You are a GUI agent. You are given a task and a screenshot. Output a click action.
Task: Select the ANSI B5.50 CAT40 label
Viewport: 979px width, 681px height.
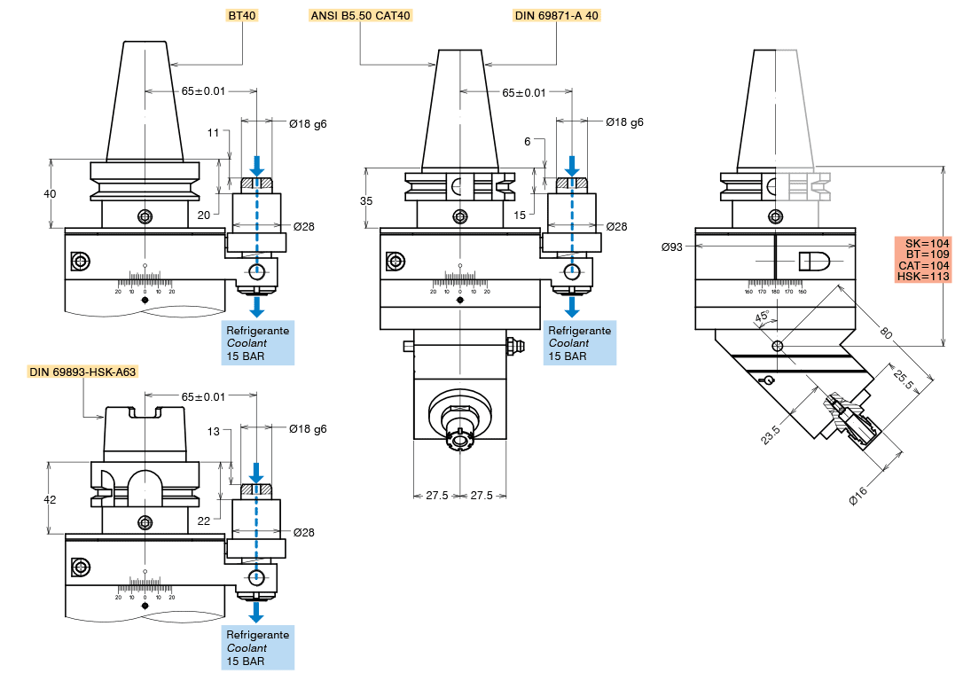361,15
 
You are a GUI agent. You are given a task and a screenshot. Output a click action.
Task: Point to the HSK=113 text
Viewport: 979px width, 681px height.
923,277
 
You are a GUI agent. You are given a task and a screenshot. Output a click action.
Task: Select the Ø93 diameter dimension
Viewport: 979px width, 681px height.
672,247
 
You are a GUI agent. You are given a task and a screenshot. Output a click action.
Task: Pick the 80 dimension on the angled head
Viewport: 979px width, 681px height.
883,334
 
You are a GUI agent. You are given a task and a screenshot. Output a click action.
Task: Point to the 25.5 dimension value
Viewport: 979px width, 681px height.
903,377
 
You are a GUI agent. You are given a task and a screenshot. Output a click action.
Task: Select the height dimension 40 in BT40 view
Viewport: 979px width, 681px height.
50,193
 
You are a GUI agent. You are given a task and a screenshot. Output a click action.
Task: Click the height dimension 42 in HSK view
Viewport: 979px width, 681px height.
50,499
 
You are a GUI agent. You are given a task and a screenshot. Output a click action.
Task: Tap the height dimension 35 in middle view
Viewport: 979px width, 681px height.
366,200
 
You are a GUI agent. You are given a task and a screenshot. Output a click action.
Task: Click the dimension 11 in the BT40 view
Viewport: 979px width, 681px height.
213,133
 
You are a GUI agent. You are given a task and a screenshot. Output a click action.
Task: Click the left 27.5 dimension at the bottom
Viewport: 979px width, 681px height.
436,495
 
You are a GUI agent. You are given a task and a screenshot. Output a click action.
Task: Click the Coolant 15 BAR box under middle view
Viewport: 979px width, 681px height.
580,343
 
